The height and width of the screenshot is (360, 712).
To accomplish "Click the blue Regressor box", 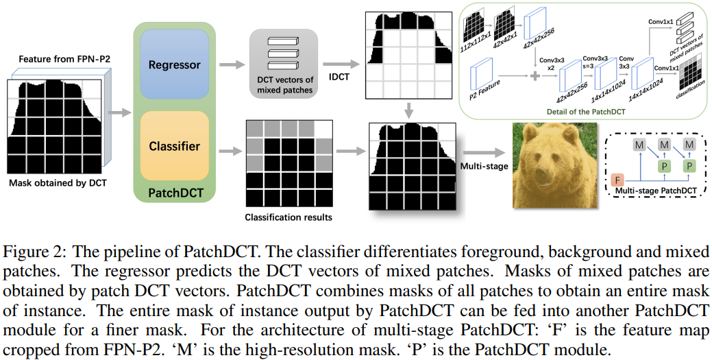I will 175,65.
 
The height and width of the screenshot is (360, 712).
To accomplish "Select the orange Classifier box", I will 175,145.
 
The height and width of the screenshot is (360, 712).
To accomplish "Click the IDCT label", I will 339,77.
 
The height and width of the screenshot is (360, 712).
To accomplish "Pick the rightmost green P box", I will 689,165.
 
